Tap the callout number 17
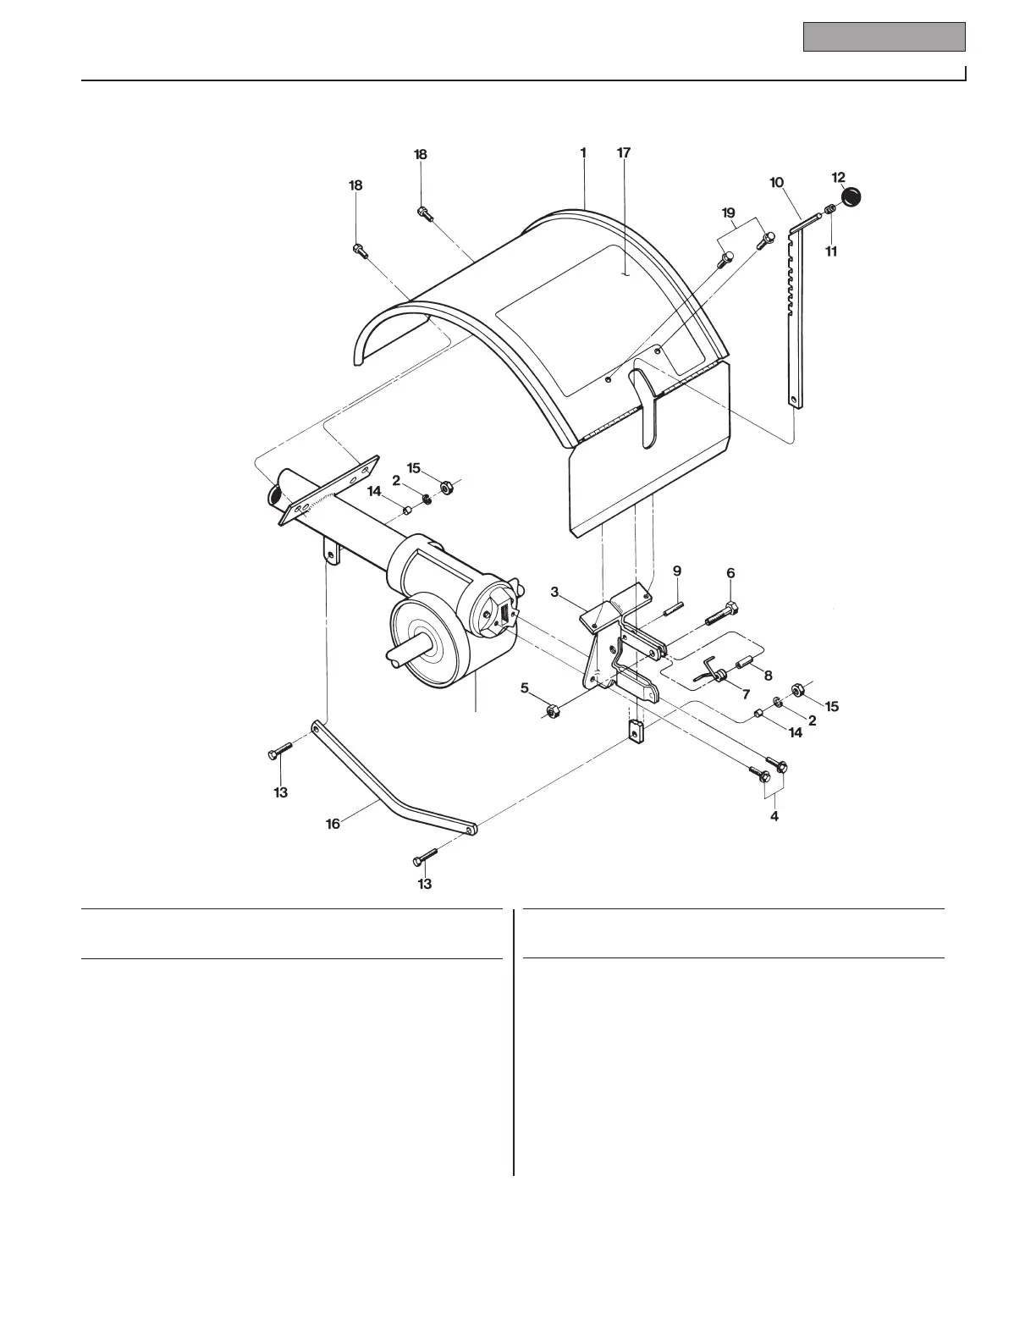point(624,153)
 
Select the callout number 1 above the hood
point(583,153)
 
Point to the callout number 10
point(776,182)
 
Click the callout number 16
point(333,823)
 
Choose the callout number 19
point(729,212)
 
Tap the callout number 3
point(555,592)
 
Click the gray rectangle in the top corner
point(884,36)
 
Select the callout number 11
point(831,251)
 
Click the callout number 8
point(768,676)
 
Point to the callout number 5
point(525,687)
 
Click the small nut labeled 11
point(830,209)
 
